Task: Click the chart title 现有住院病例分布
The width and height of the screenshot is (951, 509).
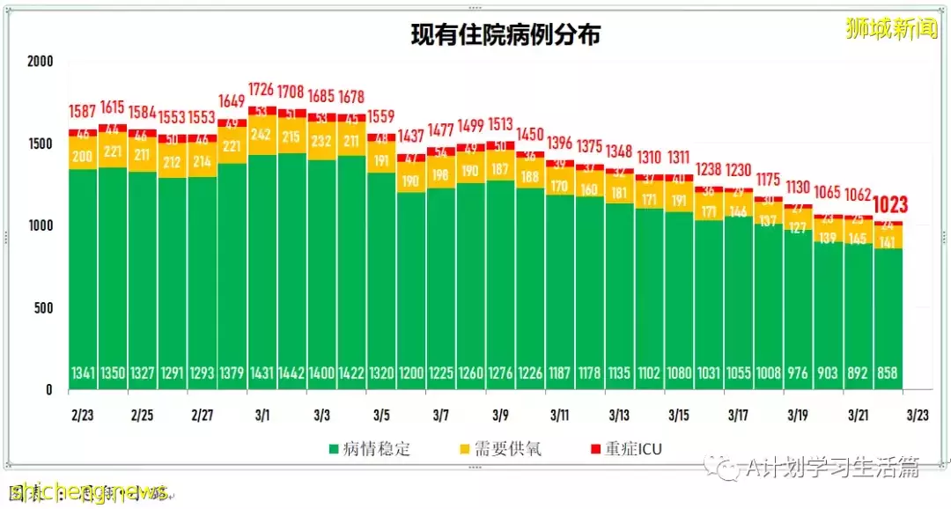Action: click(506, 35)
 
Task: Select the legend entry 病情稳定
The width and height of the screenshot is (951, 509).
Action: click(369, 448)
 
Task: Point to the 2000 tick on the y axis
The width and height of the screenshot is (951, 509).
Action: click(40, 62)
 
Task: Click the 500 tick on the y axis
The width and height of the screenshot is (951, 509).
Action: click(43, 308)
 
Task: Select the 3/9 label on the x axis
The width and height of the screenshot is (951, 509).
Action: click(500, 414)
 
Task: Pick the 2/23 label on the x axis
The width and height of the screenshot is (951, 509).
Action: click(83, 414)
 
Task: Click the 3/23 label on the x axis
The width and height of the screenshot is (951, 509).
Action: click(918, 414)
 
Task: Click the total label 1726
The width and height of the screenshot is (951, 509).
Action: click(262, 90)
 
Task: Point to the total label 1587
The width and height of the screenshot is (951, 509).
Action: click(83, 113)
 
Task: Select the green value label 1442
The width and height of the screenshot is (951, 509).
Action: click(291, 373)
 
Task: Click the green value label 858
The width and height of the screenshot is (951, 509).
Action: click(888, 373)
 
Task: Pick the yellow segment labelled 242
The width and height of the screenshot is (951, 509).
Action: click(262, 135)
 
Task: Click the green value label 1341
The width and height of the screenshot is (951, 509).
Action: click(83, 373)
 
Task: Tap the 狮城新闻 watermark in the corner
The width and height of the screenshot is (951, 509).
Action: click(890, 29)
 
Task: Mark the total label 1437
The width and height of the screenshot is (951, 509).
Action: click(411, 136)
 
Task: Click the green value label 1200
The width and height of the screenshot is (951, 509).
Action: click(411, 373)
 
